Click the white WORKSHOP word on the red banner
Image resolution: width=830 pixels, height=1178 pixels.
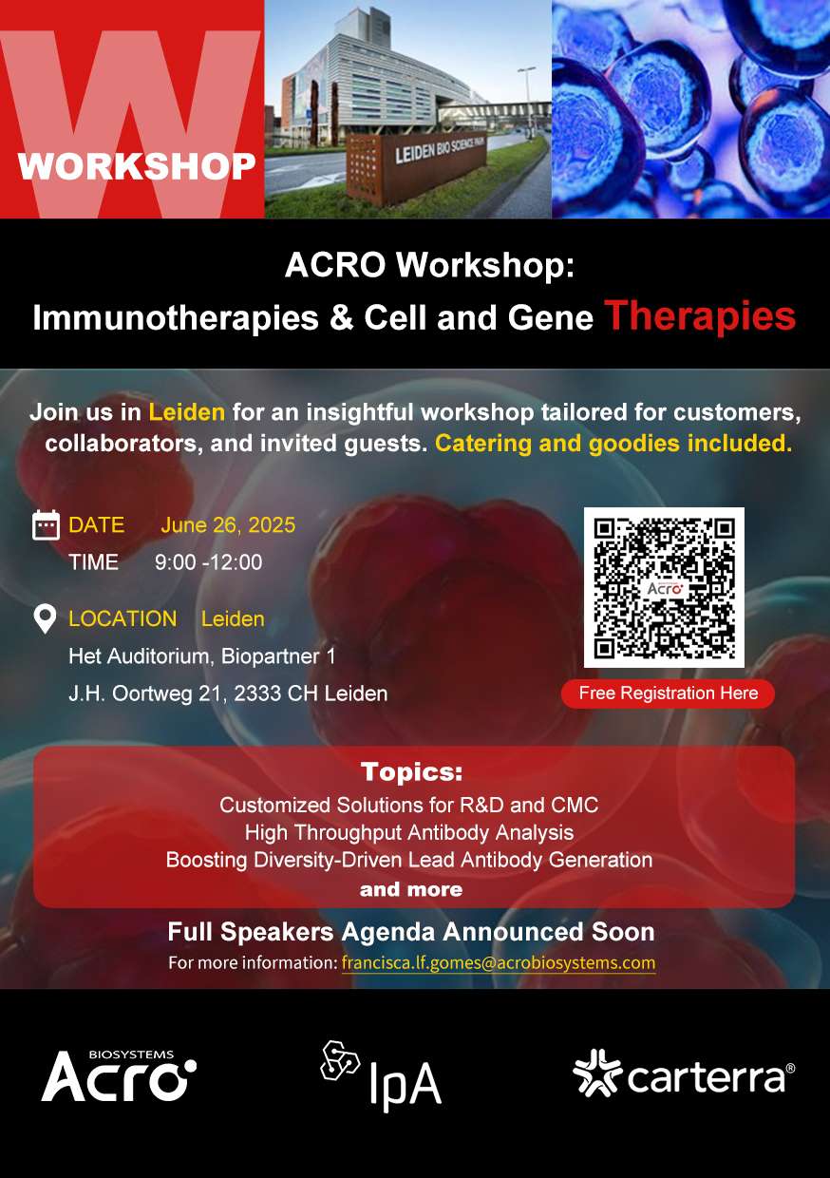(x=137, y=166)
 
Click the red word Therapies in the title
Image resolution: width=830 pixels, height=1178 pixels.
(x=700, y=316)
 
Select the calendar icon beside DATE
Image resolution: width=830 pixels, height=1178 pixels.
(x=46, y=524)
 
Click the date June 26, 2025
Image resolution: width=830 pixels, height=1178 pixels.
(x=228, y=525)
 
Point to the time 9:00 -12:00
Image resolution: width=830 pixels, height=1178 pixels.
(x=208, y=562)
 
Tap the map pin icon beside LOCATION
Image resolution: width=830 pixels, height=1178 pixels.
(x=45, y=618)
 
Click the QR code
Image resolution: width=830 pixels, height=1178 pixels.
(x=664, y=587)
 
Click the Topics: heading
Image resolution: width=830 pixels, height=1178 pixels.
(x=411, y=772)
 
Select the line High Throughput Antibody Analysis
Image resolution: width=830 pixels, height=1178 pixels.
(x=409, y=833)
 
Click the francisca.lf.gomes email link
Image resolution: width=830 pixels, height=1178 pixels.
(x=499, y=963)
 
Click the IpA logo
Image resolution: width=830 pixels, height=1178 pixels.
(x=381, y=1077)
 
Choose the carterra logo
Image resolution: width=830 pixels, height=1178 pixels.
(x=684, y=1073)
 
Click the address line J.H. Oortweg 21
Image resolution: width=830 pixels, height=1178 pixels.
(x=228, y=693)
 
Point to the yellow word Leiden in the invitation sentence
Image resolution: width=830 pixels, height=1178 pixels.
(x=186, y=411)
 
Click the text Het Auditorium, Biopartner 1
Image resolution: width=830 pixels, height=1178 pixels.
(x=202, y=656)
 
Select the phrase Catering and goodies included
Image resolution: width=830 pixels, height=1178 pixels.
(x=613, y=444)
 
